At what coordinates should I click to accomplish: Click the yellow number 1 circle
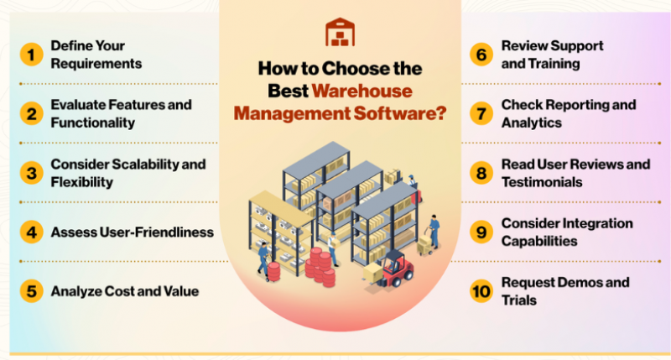tap(31, 55)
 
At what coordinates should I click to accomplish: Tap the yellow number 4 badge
tap(31, 232)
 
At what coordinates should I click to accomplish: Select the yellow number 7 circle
tap(481, 114)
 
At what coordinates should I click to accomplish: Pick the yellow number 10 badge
tap(481, 291)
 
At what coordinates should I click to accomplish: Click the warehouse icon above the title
tap(341, 32)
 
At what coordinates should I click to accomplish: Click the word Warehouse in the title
tap(362, 91)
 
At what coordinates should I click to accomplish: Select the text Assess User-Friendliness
tap(133, 232)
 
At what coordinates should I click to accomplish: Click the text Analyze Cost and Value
tap(125, 291)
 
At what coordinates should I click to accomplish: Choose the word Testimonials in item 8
tap(542, 182)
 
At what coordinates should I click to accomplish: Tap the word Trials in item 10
tap(518, 300)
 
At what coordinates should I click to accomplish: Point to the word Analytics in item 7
tap(532, 123)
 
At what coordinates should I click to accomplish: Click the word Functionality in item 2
tap(93, 123)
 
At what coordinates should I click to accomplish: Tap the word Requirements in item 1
tap(96, 64)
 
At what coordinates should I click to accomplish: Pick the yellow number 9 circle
tap(481, 232)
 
